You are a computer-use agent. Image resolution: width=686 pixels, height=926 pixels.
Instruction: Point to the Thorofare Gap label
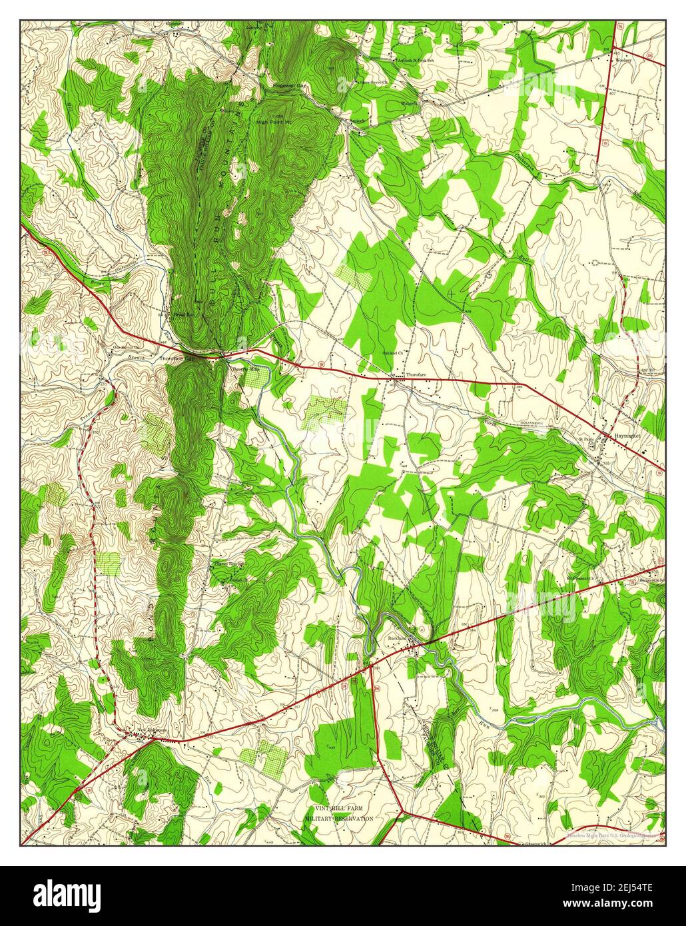[177, 358]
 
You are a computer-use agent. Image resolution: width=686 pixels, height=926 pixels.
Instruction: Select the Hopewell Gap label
[289, 86]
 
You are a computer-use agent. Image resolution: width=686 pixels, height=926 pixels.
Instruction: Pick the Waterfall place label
[410, 103]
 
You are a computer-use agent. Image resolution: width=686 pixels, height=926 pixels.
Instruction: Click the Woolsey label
[623, 60]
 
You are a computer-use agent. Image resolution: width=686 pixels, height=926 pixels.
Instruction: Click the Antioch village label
[360, 121]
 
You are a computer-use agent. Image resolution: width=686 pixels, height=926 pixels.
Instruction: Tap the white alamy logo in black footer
[67, 894]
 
